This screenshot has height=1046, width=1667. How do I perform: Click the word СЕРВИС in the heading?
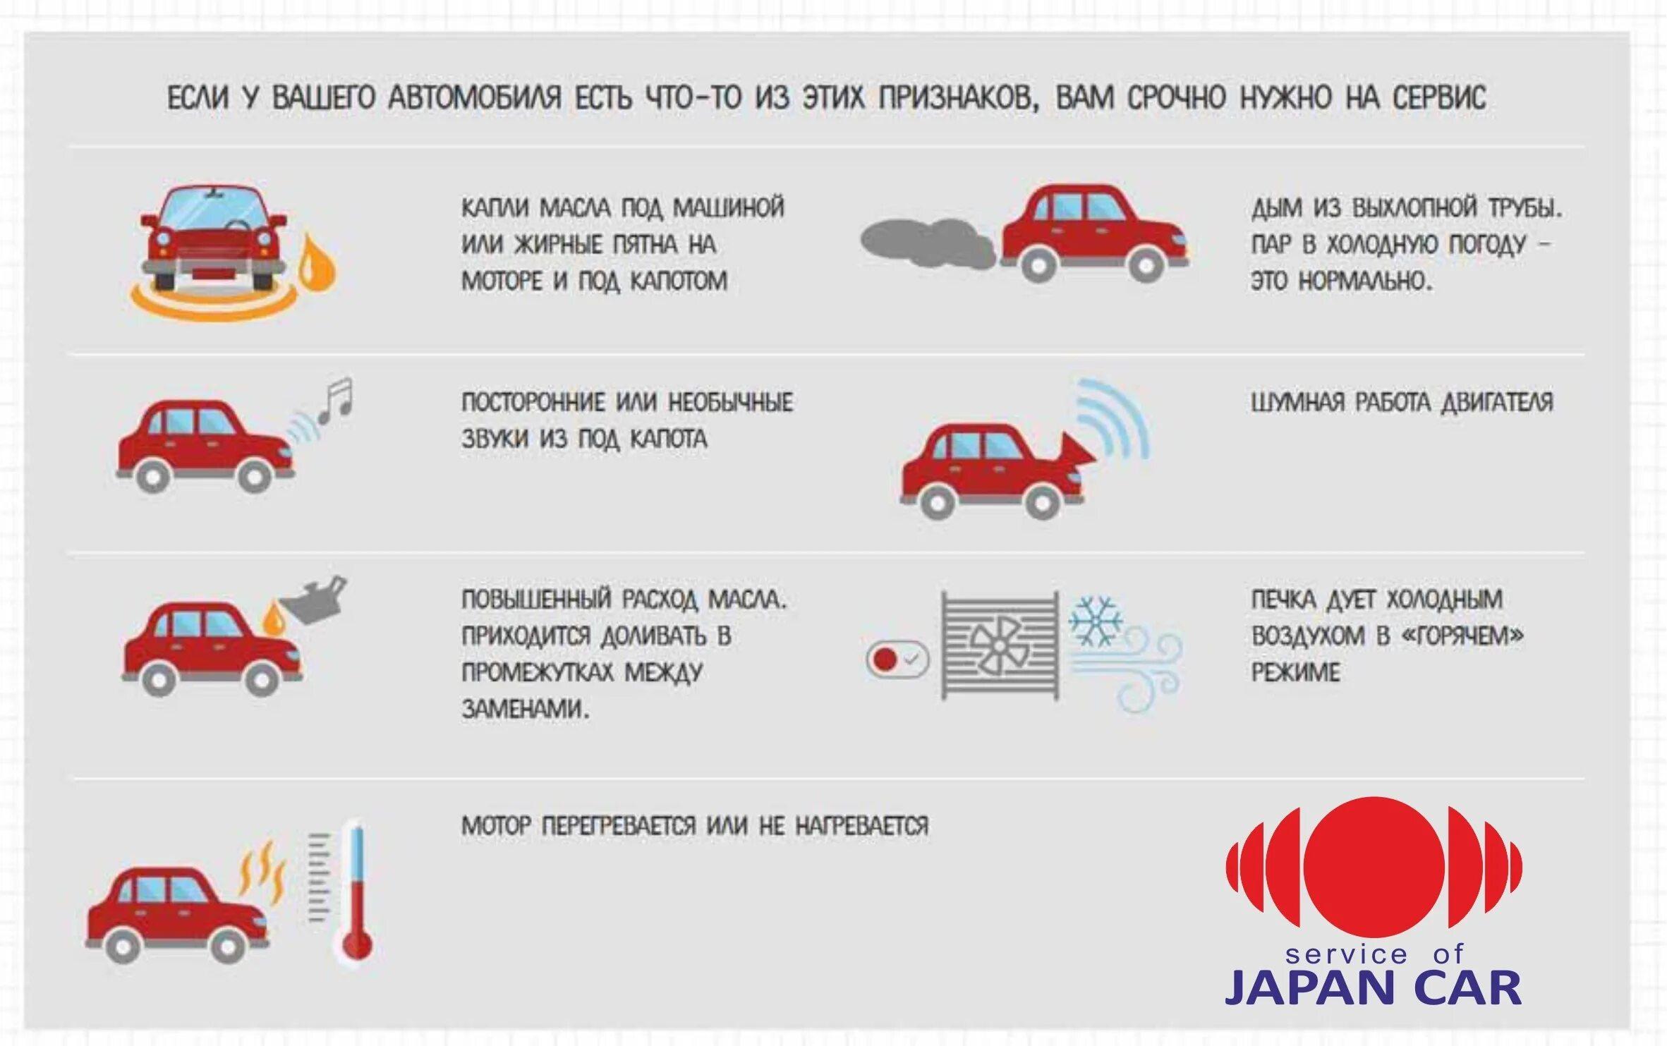[1439, 97]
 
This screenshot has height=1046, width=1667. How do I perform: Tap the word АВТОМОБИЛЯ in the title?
[475, 97]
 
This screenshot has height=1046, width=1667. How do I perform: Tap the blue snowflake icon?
[1095, 621]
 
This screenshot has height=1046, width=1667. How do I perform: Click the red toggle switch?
[897, 659]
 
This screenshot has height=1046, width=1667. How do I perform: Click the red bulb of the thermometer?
[356, 944]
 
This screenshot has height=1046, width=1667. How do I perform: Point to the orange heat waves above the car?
[262, 870]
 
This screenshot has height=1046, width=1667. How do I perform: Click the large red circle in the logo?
[1374, 868]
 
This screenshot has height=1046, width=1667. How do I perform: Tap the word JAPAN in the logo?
[1302, 987]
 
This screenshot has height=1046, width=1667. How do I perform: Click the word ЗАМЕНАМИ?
[525, 708]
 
